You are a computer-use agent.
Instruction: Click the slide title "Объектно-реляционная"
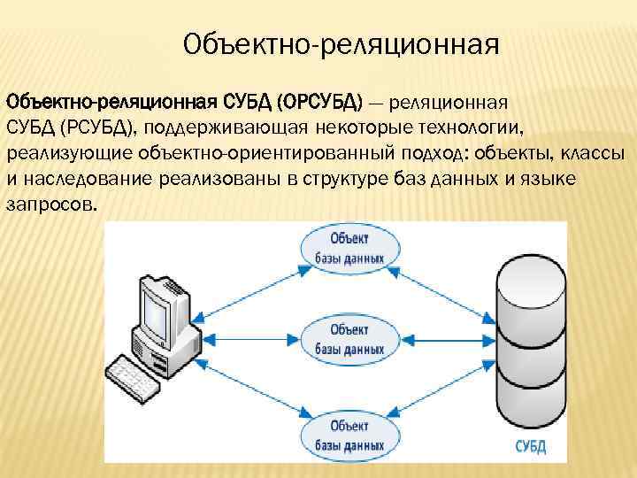(x=342, y=43)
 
